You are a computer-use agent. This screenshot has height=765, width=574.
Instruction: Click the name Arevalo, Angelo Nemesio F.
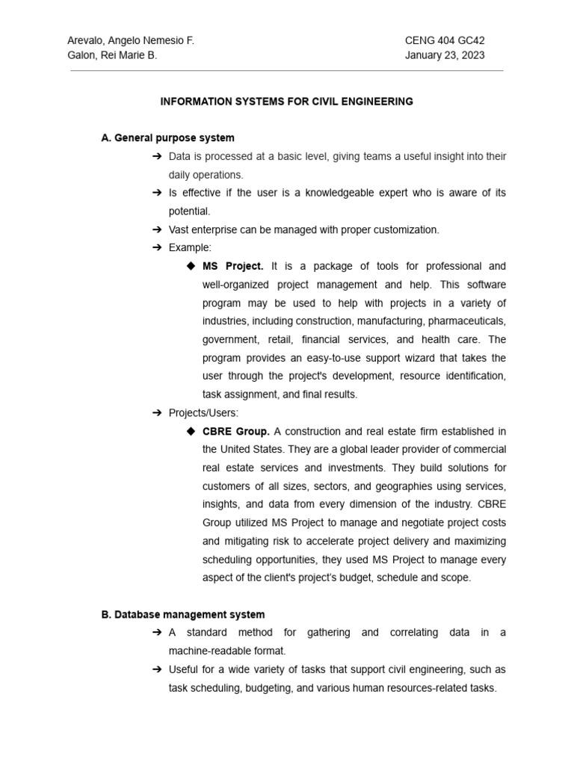(x=131, y=40)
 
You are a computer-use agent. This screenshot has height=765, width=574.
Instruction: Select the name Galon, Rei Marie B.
(x=112, y=55)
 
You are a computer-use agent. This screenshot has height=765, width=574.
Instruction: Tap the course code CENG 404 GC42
(x=444, y=40)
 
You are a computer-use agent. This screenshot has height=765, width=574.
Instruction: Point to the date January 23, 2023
(x=445, y=55)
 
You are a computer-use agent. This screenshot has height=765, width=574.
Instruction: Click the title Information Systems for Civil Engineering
(x=286, y=102)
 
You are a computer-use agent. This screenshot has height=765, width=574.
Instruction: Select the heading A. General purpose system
(x=167, y=138)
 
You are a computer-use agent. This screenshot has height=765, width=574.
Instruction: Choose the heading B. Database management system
(x=182, y=615)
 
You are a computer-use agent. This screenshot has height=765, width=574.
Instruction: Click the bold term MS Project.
(x=233, y=266)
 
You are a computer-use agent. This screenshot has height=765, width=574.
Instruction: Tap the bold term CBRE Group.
(x=236, y=431)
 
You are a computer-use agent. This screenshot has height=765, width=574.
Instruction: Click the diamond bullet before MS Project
(x=191, y=266)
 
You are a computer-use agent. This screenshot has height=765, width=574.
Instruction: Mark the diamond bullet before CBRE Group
(x=191, y=431)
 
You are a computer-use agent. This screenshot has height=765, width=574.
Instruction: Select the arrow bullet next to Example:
(x=157, y=247)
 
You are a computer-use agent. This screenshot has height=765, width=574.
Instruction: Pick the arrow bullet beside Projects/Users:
(x=157, y=412)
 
